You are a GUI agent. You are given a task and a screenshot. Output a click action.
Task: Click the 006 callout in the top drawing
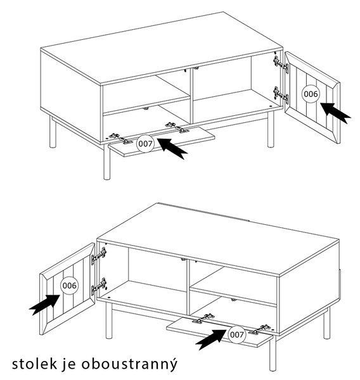[x=311, y=94]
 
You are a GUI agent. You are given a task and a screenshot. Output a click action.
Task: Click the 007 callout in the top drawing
[x=145, y=144]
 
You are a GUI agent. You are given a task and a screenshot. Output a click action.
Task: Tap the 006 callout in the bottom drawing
[x=70, y=286]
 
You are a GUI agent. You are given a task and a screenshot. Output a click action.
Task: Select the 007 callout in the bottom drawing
[x=236, y=334]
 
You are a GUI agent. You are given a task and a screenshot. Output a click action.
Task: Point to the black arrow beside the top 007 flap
[x=173, y=148]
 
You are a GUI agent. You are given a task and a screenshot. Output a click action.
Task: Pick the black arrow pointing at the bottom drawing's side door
[x=44, y=305]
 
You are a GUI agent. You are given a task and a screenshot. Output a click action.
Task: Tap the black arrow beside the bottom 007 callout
[x=211, y=339]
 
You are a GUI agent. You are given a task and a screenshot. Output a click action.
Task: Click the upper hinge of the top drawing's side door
[x=281, y=64]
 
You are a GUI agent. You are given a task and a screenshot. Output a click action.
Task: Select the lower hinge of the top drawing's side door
[x=281, y=95]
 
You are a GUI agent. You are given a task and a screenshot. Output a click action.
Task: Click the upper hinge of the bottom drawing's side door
[x=99, y=256]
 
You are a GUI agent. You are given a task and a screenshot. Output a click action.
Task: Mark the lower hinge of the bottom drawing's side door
[x=99, y=286]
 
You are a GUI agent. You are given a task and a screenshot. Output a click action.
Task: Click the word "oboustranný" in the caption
[x=129, y=364]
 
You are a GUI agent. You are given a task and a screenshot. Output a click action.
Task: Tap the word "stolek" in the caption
[x=35, y=364]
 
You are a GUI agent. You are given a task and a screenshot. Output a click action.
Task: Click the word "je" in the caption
[x=69, y=365]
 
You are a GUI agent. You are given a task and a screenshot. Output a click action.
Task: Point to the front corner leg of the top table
[x=106, y=162]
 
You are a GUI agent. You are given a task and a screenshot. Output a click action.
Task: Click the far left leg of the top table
[x=53, y=132]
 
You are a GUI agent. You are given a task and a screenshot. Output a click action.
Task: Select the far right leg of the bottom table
[x=327, y=323]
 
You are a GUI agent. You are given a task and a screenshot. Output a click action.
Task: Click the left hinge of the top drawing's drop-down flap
[x=121, y=139]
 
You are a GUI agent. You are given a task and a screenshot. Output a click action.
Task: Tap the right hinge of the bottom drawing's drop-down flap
[x=260, y=329]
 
